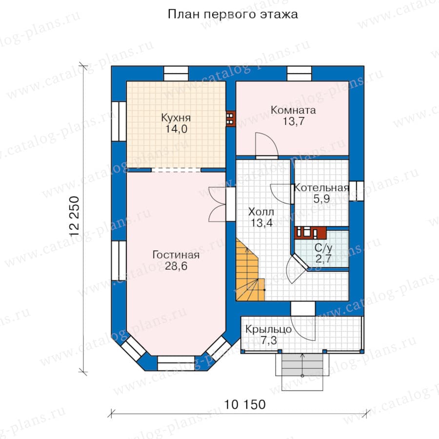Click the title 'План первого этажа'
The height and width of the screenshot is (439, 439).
tap(233, 14)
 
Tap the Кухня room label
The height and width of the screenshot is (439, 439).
tap(176, 118)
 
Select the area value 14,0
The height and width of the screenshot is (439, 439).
tap(176, 129)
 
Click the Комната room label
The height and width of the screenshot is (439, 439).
tap(293, 110)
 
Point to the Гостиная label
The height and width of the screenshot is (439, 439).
tap(176, 255)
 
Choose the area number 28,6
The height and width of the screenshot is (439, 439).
tap(176, 266)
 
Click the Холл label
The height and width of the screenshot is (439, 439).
tap(261, 212)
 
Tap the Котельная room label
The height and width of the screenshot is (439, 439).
tap(321, 188)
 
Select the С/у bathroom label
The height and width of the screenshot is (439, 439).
tap(323, 248)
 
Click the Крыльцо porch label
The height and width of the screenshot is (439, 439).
tap(268, 329)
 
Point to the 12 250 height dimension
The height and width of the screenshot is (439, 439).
tap(75, 217)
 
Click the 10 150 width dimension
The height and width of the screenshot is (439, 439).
tap(245, 404)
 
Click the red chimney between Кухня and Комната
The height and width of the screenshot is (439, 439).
tap(230, 120)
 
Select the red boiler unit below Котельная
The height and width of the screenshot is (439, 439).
tap(310, 233)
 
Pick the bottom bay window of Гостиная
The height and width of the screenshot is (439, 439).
tap(176, 363)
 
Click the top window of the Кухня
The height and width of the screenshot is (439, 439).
tap(176, 73)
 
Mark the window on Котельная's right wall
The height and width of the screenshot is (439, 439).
tap(356, 191)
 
